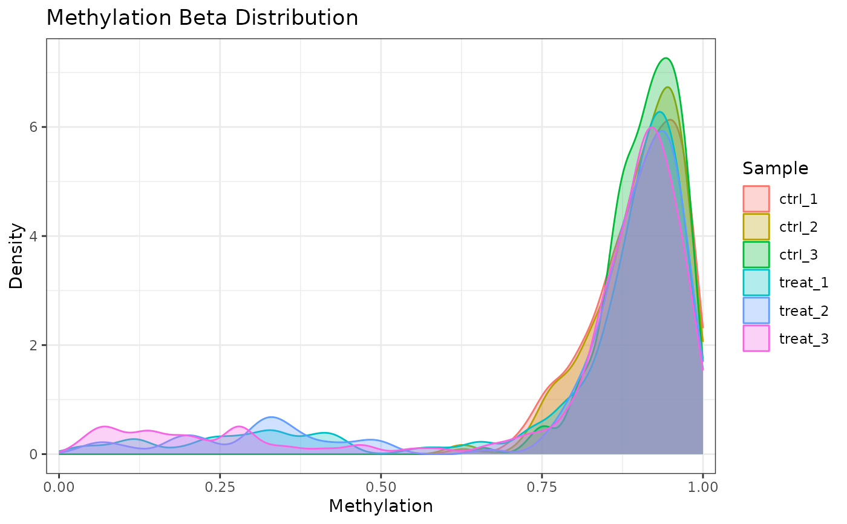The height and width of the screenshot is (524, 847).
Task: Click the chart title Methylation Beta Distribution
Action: pos(202,18)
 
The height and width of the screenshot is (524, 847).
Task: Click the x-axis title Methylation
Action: pos(381,506)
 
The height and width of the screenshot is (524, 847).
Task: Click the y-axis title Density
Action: pos(16,256)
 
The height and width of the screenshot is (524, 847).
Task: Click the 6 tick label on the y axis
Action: pos(35,127)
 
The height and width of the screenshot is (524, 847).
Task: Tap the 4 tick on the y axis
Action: pos(35,236)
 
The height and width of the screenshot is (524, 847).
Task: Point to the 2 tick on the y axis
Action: pos(35,345)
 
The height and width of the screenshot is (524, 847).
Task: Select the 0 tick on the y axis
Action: pos(35,454)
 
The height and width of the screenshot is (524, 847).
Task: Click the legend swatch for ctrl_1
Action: pos(756,198)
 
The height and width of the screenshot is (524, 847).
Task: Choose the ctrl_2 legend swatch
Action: pos(756,226)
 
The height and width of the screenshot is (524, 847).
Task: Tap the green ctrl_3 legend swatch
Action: pos(756,254)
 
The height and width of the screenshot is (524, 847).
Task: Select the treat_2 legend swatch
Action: pos(756,310)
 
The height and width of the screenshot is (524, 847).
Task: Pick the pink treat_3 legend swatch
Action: pos(756,338)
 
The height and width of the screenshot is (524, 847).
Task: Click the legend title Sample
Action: pos(775,168)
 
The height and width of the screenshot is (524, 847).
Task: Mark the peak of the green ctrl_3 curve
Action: pos(665,58)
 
